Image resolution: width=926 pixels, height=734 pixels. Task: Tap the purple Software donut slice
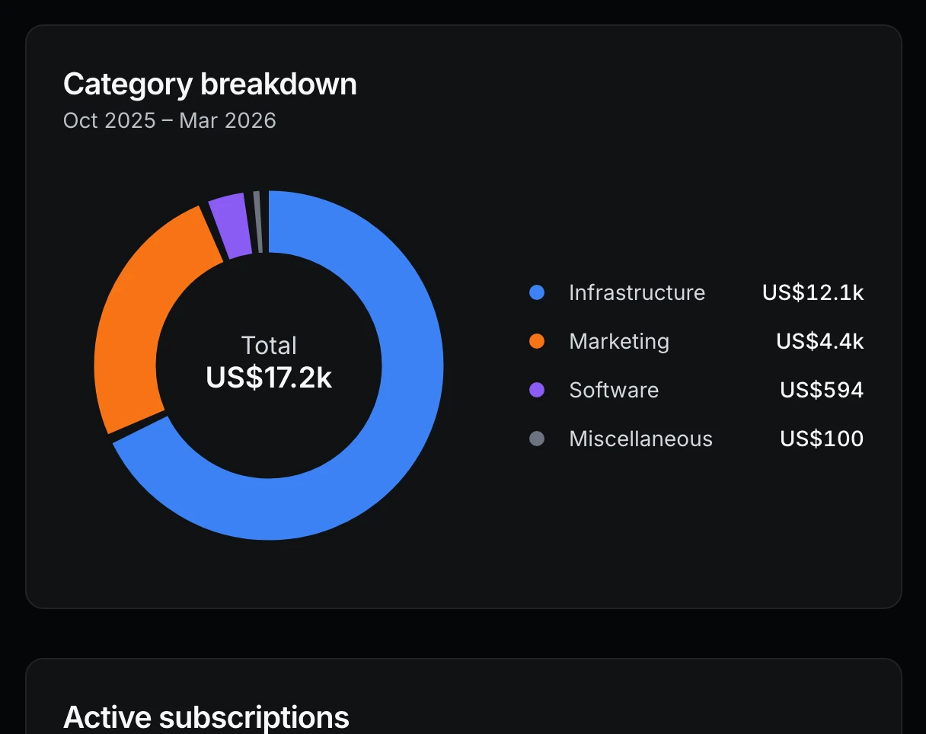(x=229, y=225)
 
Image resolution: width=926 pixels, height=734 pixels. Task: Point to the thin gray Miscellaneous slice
(x=258, y=222)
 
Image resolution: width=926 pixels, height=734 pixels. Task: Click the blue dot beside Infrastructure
(x=537, y=292)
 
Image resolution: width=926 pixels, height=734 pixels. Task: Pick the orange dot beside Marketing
(x=537, y=341)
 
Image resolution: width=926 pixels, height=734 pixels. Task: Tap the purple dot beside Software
(x=537, y=390)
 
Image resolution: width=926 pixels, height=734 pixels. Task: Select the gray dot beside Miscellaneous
(x=537, y=439)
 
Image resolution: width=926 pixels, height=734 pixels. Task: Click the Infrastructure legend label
(x=637, y=292)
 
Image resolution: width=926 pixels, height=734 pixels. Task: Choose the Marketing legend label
(x=619, y=341)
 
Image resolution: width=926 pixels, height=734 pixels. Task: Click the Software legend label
(x=614, y=390)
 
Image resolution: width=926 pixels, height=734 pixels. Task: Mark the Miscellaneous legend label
(x=640, y=439)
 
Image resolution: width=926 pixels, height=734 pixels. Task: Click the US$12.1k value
(x=813, y=292)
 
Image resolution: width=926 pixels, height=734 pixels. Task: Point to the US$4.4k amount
(x=819, y=341)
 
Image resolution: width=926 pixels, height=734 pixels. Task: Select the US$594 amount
(x=822, y=390)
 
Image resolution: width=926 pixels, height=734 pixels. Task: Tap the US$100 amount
(x=822, y=439)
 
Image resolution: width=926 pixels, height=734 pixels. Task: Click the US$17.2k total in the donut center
(x=269, y=378)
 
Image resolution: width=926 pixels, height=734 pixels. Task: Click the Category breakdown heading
(x=210, y=84)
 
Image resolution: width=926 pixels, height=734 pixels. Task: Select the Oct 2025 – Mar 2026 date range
(x=170, y=120)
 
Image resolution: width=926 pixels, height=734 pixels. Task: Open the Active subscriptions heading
(x=206, y=717)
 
